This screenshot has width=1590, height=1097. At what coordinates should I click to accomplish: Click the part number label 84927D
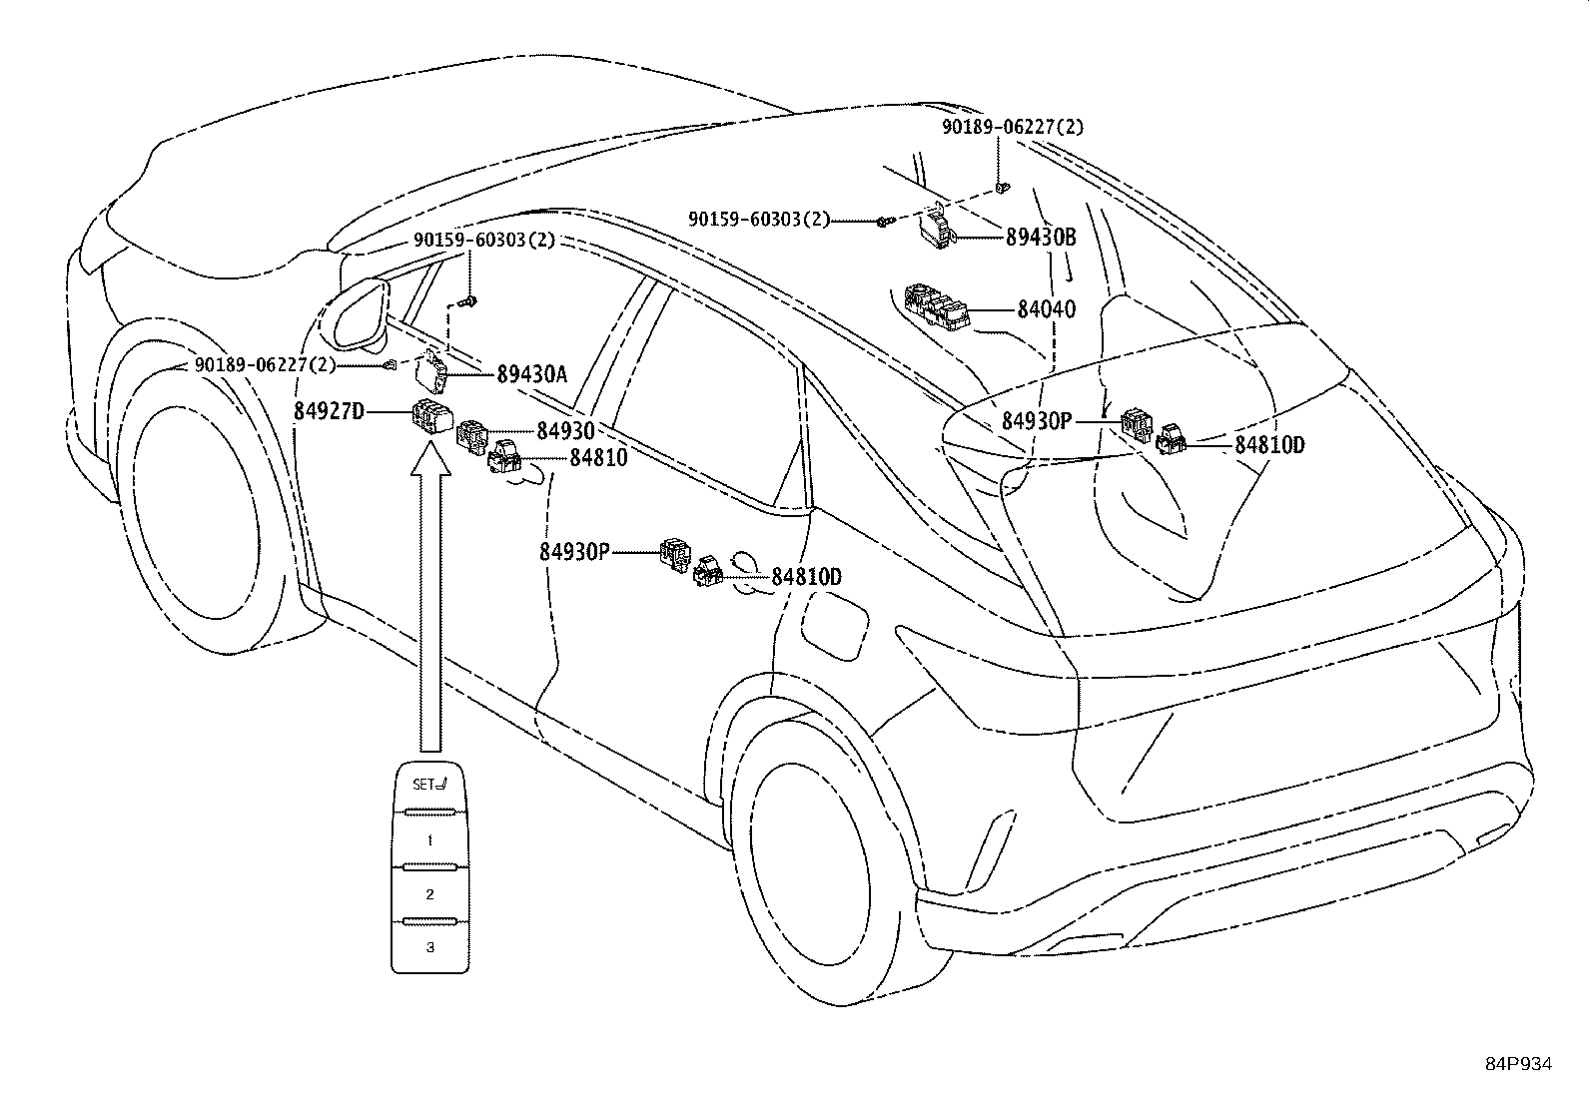point(329,411)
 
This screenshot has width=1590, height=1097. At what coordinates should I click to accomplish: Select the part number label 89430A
point(531,374)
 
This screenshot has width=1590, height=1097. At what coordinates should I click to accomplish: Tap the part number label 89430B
point(1041,237)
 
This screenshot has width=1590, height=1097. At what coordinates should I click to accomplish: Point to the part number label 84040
point(1047,309)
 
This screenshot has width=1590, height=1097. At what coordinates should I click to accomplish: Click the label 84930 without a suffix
point(565,430)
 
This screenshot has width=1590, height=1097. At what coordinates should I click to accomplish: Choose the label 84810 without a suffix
point(598,458)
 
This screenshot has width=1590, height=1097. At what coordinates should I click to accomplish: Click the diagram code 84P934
point(1519,1064)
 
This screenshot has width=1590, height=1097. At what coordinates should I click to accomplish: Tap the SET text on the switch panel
point(423,785)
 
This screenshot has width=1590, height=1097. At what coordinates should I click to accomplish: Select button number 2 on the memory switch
point(429,894)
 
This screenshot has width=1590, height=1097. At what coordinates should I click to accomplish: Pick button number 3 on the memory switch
point(429,947)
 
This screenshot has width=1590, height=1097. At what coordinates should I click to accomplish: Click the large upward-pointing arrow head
point(430,457)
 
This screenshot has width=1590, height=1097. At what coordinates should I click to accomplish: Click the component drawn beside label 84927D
point(431,416)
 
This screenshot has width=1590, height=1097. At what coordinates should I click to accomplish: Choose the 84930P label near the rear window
point(1037,421)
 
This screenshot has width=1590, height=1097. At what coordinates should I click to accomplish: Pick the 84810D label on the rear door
point(806,576)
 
